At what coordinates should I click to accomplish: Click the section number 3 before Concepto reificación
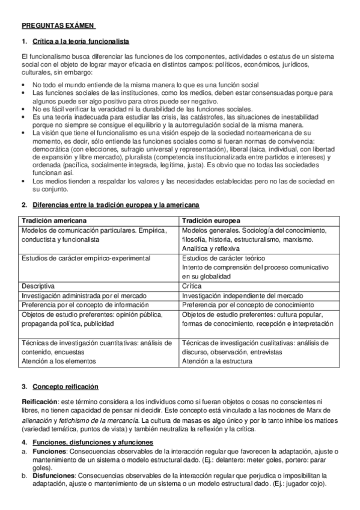pyautogui.click(x=23, y=386)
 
